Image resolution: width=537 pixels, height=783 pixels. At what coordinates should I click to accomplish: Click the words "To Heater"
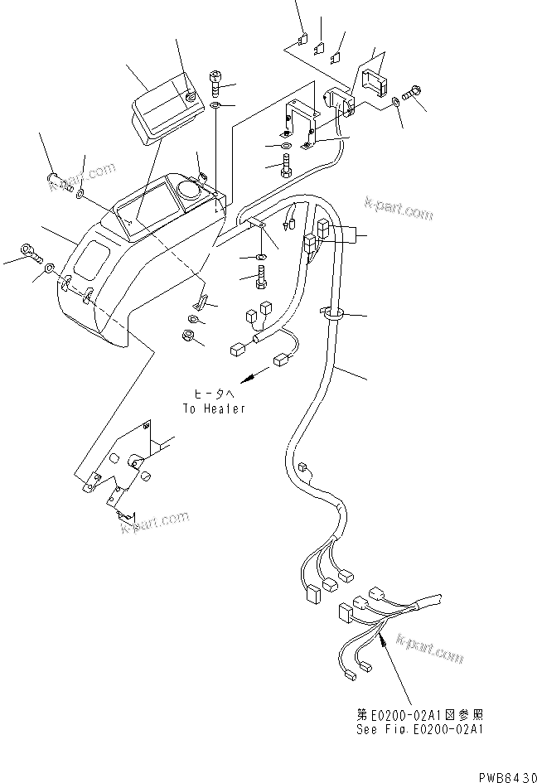(214, 408)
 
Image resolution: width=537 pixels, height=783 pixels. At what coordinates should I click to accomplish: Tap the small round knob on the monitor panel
(192, 97)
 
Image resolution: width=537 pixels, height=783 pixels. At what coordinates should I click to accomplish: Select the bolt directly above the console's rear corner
(215, 81)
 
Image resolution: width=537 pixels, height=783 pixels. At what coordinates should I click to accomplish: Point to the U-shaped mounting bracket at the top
(299, 121)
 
